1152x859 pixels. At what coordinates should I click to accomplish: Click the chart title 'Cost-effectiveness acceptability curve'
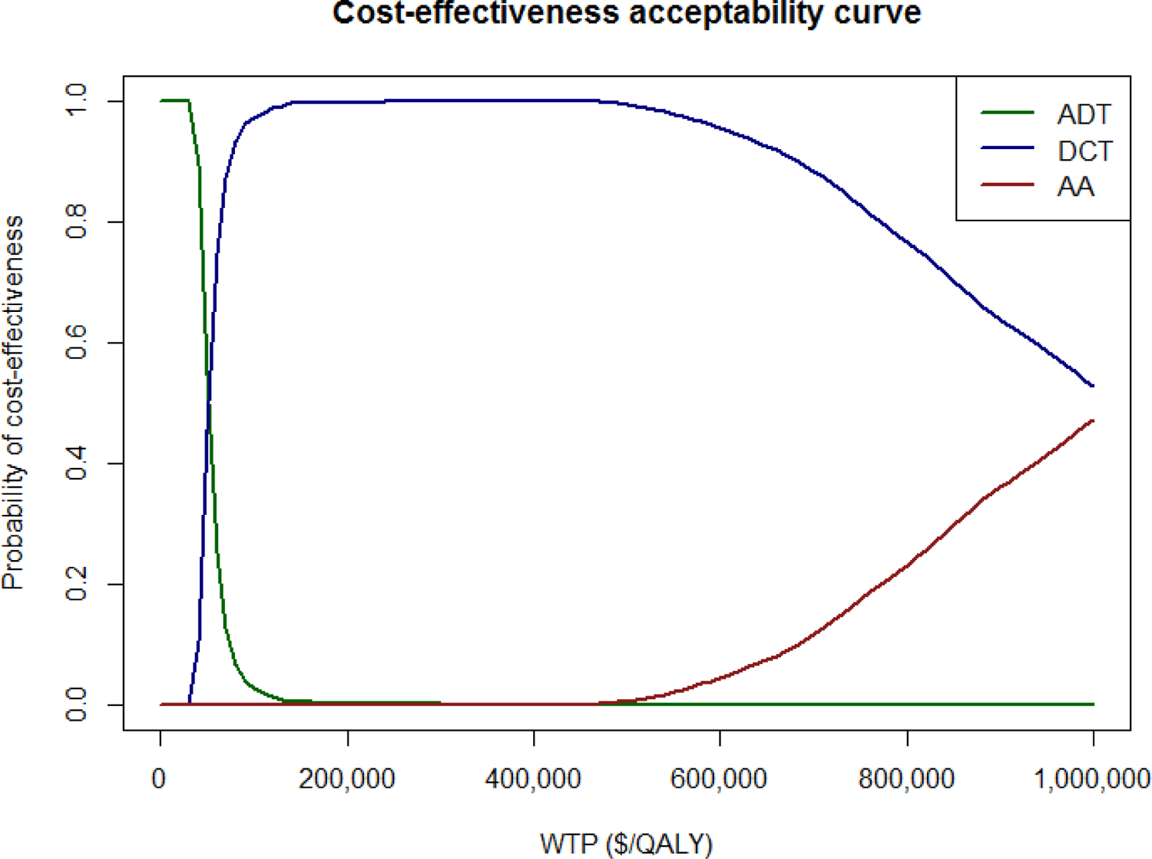pyautogui.click(x=626, y=14)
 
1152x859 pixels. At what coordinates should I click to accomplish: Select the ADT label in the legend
pyautogui.click(x=1083, y=114)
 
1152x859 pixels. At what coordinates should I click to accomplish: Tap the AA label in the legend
pyautogui.click(x=1075, y=187)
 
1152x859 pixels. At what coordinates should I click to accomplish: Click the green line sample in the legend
pyautogui.click(x=1007, y=114)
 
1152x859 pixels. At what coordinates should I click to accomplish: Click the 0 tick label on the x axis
pyautogui.click(x=159, y=778)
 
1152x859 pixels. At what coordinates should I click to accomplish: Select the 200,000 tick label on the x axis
pyautogui.click(x=346, y=778)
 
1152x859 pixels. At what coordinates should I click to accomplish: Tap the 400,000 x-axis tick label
pyautogui.click(x=533, y=778)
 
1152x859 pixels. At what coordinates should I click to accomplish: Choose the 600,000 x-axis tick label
pyautogui.click(x=719, y=778)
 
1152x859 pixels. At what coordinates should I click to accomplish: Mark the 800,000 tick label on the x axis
pyautogui.click(x=906, y=778)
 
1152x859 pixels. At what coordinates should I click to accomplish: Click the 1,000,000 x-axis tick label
pyautogui.click(x=1091, y=778)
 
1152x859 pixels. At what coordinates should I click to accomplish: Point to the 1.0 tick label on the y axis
pyautogui.click(x=77, y=101)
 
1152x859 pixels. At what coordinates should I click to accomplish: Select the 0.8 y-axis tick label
pyautogui.click(x=77, y=221)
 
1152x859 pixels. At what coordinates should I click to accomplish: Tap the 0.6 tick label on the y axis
pyautogui.click(x=77, y=342)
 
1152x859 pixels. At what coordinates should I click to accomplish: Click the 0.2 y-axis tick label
pyautogui.click(x=77, y=584)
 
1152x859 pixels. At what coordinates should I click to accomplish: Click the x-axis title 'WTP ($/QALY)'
pyautogui.click(x=626, y=843)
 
